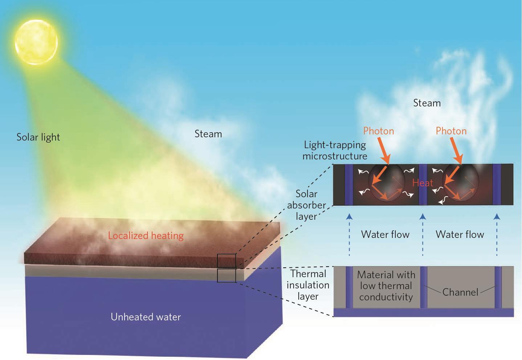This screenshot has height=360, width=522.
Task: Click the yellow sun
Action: [x=36, y=42]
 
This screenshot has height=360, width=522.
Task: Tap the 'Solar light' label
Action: [x=38, y=137]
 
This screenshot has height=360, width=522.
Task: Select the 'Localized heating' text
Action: [x=146, y=235]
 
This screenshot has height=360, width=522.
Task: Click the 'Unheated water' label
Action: [x=146, y=317]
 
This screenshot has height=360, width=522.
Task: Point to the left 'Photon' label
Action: [x=378, y=131]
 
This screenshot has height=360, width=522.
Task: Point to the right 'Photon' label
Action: [x=451, y=131]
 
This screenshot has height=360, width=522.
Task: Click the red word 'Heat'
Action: [x=423, y=183]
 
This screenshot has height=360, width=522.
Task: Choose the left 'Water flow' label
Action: [x=385, y=234]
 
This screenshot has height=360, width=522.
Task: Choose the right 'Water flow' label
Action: [x=460, y=234]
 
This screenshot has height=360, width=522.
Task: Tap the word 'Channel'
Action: [x=460, y=292]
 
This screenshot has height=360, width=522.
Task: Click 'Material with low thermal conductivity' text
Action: [x=386, y=286]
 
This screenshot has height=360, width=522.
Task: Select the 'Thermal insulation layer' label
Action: [x=308, y=285]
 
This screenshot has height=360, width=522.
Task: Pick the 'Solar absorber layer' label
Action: [x=306, y=205]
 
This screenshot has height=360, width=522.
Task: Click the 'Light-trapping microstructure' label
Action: [x=335, y=150]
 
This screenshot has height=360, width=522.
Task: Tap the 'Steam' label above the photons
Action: [x=427, y=103]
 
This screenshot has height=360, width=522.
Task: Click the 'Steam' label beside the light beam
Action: [x=208, y=134]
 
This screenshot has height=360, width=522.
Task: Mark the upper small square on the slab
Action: [x=227, y=261]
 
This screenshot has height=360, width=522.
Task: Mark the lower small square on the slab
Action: [x=227, y=276]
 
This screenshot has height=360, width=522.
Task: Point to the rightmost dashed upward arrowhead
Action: [x=497, y=217]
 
